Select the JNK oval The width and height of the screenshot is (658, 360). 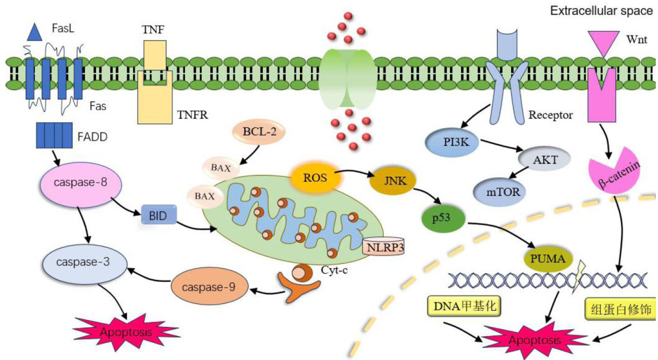(x=391, y=182)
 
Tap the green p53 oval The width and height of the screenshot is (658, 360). (x=443, y=219)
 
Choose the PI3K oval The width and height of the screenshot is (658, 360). (x=451, y=141)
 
